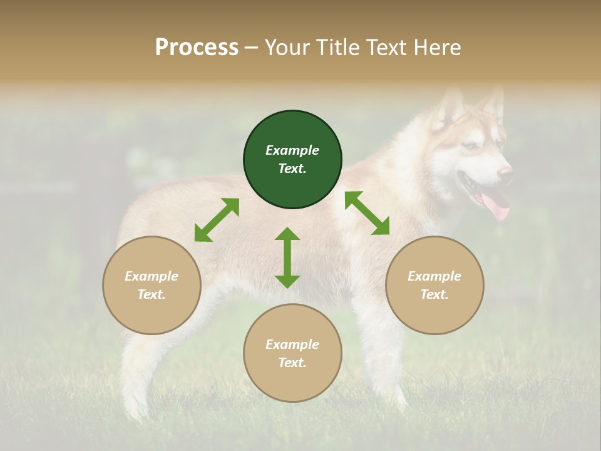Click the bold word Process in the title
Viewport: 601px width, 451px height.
tap(197, 48)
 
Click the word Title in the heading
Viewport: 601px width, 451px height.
tap(337, 48)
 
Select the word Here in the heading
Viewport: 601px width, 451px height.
tap(436, 48)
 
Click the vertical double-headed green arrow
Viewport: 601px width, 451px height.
tap(287, 257)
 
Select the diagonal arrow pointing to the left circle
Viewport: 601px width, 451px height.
tap(217, 220)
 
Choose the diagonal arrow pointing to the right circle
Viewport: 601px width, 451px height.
tap(367, 213)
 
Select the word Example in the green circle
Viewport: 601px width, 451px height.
tap(292, 150)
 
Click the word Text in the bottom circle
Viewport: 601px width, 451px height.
tap(292, 363)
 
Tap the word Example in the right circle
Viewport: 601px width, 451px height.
tap(434, 276)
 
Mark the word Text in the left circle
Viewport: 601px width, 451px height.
tap(152, 294)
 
